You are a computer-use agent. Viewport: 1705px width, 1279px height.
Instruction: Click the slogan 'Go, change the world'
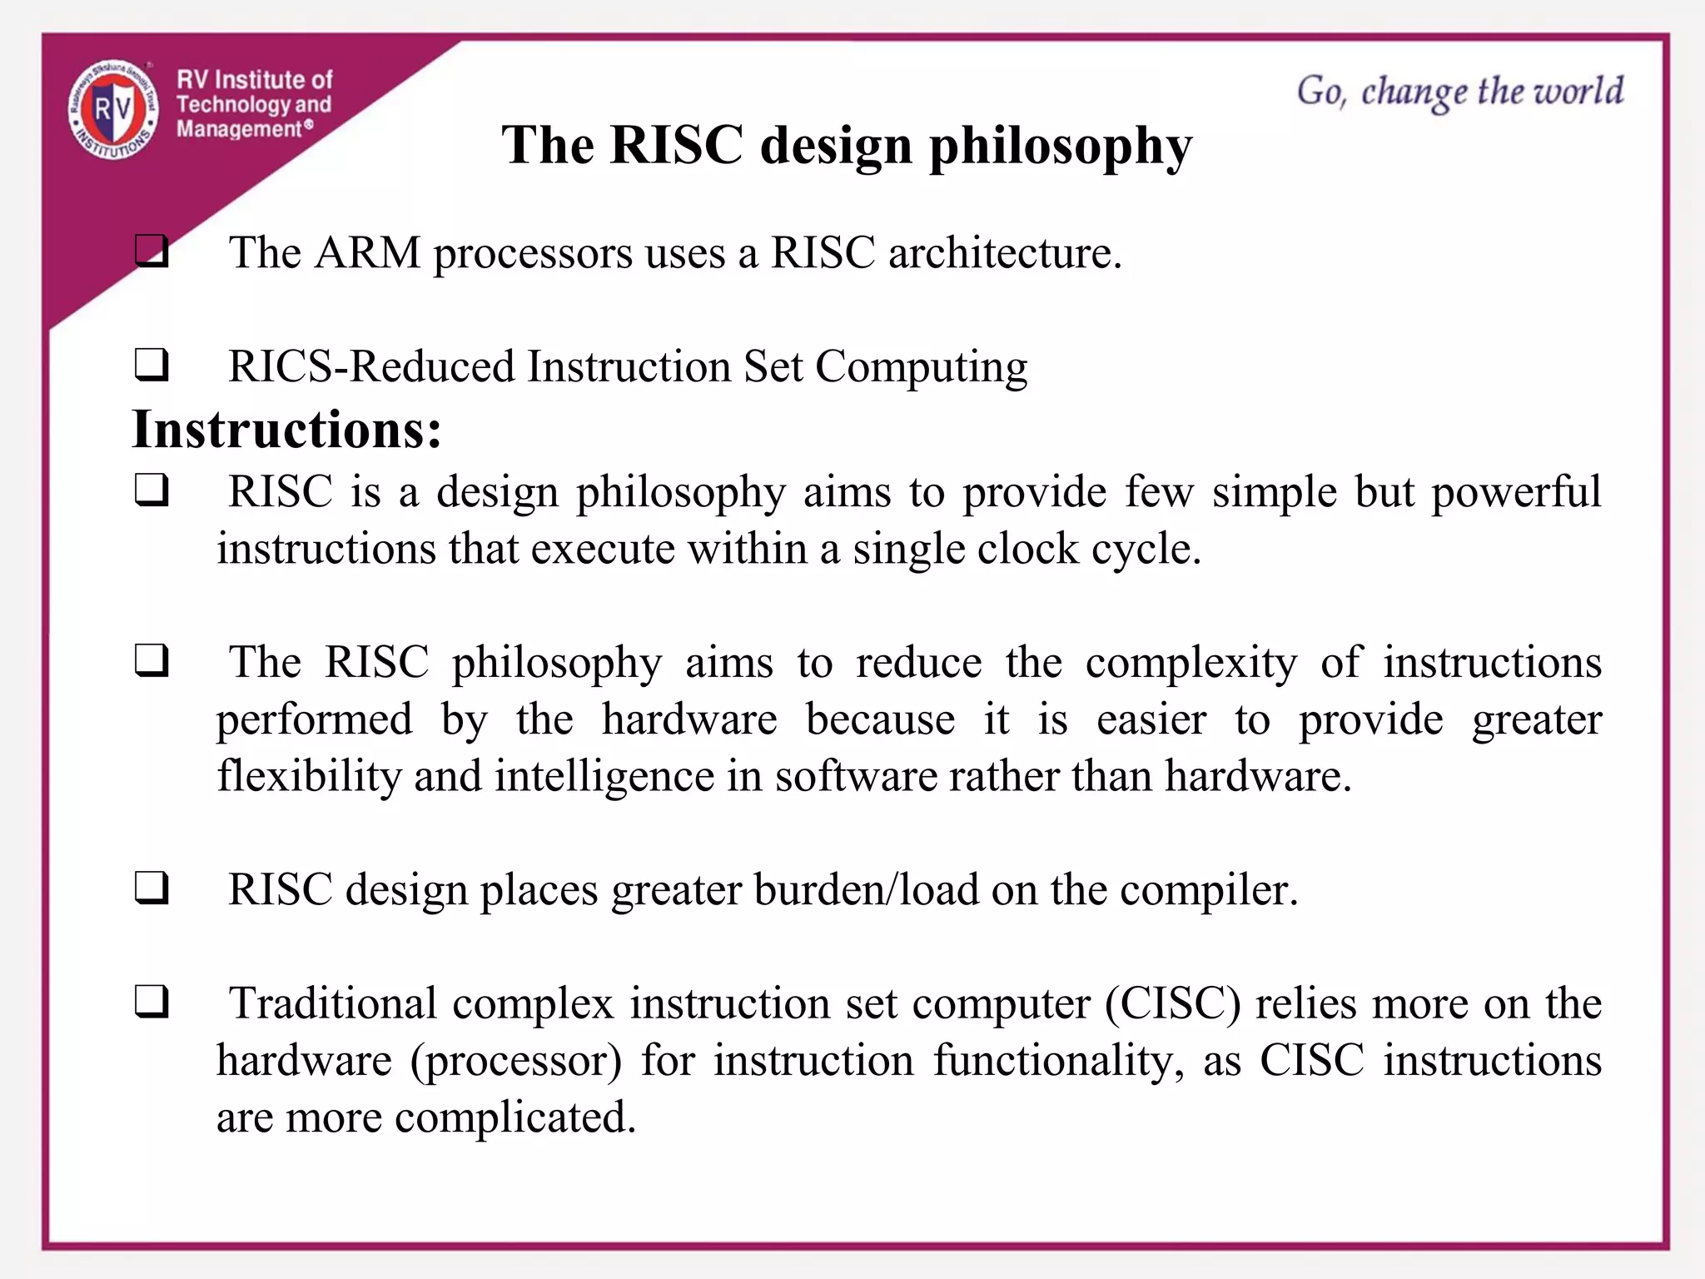point(1459,92)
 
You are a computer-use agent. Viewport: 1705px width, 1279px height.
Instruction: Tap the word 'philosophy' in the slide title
point(1060,147)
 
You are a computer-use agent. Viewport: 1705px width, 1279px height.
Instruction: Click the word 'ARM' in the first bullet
point(367,252)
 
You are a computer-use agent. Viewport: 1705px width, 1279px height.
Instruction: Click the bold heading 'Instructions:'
point(286,430)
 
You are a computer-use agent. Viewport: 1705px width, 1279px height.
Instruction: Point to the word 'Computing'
point(921,366)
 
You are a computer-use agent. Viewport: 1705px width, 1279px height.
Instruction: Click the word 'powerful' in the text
point(1516,491)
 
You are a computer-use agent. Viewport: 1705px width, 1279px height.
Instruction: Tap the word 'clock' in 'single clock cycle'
point(1027,549)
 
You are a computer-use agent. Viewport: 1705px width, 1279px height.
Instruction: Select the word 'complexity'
point(1191,663)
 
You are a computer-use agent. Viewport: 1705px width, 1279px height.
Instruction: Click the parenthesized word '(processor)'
point(516,1061)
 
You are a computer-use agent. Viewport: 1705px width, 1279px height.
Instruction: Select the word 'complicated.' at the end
point(515,1117)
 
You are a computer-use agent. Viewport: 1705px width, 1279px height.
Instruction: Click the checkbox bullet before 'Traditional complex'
point(152,1002)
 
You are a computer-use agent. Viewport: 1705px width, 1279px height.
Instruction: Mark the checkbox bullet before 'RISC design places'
point(152,888)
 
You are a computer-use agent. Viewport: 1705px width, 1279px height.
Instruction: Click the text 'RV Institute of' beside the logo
point(254,80)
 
